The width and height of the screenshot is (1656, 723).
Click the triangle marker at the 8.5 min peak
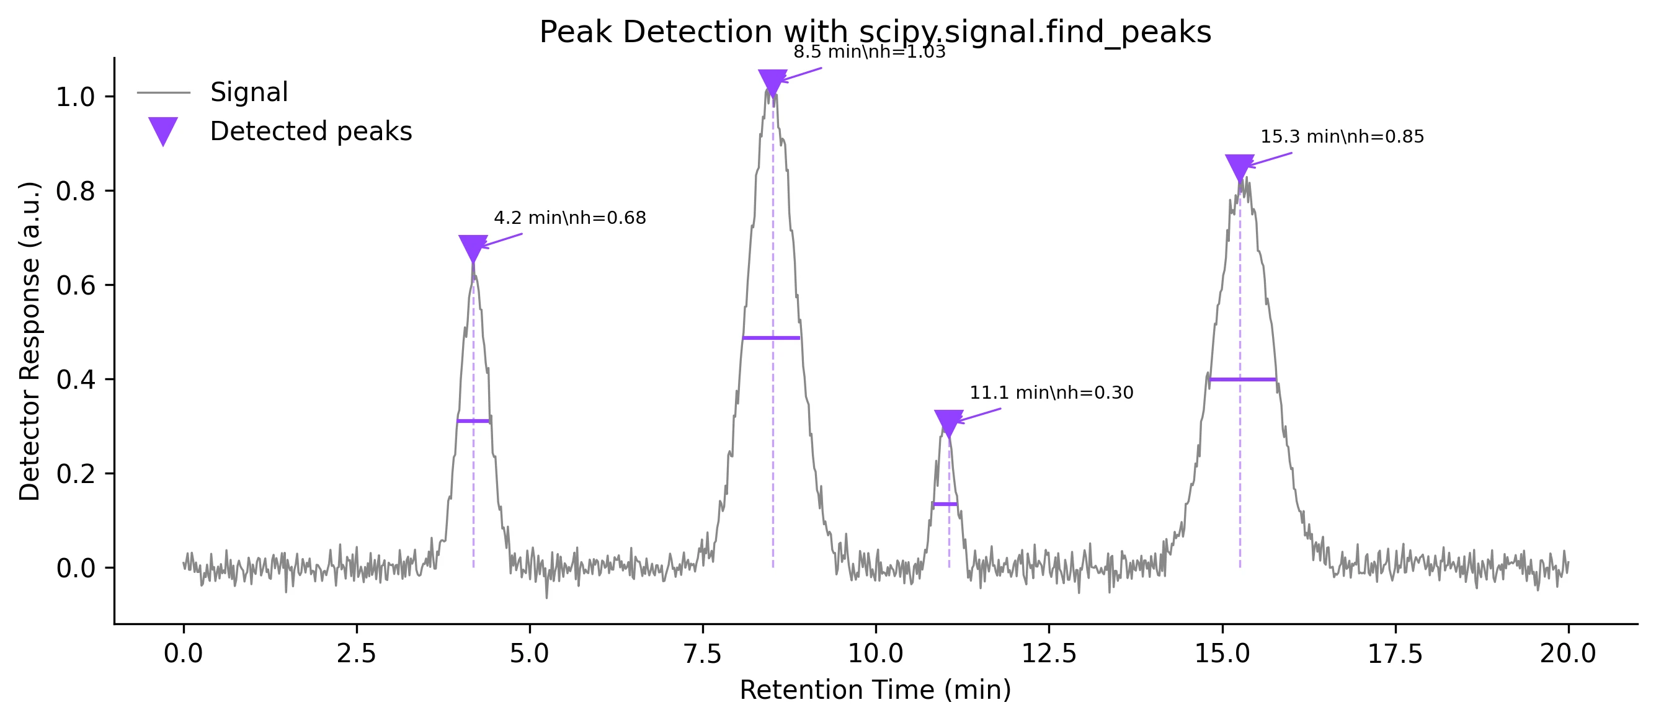(x=773, y=82)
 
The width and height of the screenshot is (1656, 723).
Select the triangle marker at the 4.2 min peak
(x=473, y=247)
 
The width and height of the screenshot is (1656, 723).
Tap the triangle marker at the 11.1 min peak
(x=948, y=422)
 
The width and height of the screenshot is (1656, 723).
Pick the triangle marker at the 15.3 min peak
(x=1239, y=166)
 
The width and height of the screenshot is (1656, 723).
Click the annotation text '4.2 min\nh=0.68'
(x=569, y=218)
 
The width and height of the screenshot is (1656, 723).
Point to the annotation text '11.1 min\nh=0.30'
(x=1051, y=393)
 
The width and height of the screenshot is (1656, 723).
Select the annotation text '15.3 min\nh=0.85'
(x=1342, y=137)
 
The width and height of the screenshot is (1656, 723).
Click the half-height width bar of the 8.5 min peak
(x=771, y=338)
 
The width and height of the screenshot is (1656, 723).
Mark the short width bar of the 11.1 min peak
(x=945, y=504)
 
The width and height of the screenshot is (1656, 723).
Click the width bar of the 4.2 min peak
(x=473, y=421)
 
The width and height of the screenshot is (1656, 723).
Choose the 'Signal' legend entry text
(x=249, y=92)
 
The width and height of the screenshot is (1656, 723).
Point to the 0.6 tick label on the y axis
(x=75, y=285)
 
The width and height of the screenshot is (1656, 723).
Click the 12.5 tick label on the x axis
(x=1049, y=654)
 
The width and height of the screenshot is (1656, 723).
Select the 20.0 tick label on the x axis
(x=1567, y=654)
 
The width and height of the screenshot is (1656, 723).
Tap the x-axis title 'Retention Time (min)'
(x=875, y=690)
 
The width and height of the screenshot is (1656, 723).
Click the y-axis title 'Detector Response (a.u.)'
(x=30, y=340)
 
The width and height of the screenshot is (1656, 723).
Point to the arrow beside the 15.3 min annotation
(x=1270, y=159)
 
